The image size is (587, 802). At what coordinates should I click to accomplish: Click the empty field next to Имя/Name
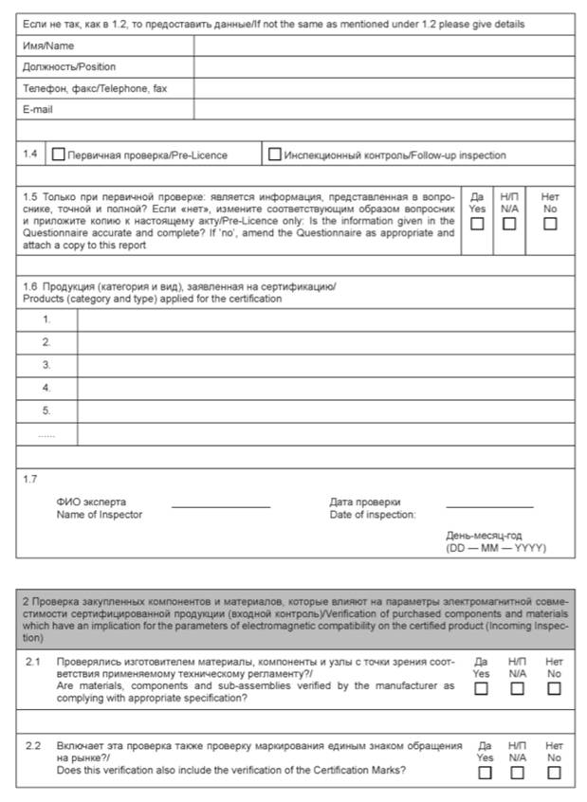(x=383, y=46)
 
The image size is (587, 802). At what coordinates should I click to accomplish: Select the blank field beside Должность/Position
(x=383, y=67)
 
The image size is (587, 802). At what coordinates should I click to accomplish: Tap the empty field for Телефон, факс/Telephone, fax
(x=383, y=89)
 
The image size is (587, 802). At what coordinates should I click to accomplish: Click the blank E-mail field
(x=383, y=110)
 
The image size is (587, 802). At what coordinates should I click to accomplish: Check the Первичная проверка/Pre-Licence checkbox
(x=59, y=155)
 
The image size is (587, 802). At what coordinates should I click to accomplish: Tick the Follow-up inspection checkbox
(x=275, y=155)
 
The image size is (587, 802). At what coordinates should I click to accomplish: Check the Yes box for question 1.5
(x=477, y=224)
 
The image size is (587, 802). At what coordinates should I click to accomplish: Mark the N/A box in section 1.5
(x=509, y=224)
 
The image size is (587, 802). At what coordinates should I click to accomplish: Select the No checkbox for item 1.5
(x=550, y=224)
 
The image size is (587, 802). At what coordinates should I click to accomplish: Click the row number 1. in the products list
(x=46, y=319)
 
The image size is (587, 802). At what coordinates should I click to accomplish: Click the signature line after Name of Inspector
(x=220, y=505)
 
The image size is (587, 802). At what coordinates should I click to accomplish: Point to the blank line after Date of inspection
(x=488, y=505)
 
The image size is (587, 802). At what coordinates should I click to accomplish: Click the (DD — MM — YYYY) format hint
(x=495, y=548)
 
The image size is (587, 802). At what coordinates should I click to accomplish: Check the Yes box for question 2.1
(x=481, y=689)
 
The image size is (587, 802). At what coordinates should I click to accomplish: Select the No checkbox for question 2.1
(x=554, y=689)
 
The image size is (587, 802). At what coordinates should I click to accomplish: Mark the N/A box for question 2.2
(x=517, y=773)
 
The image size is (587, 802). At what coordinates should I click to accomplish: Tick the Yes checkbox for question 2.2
(x=485, y=773)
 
